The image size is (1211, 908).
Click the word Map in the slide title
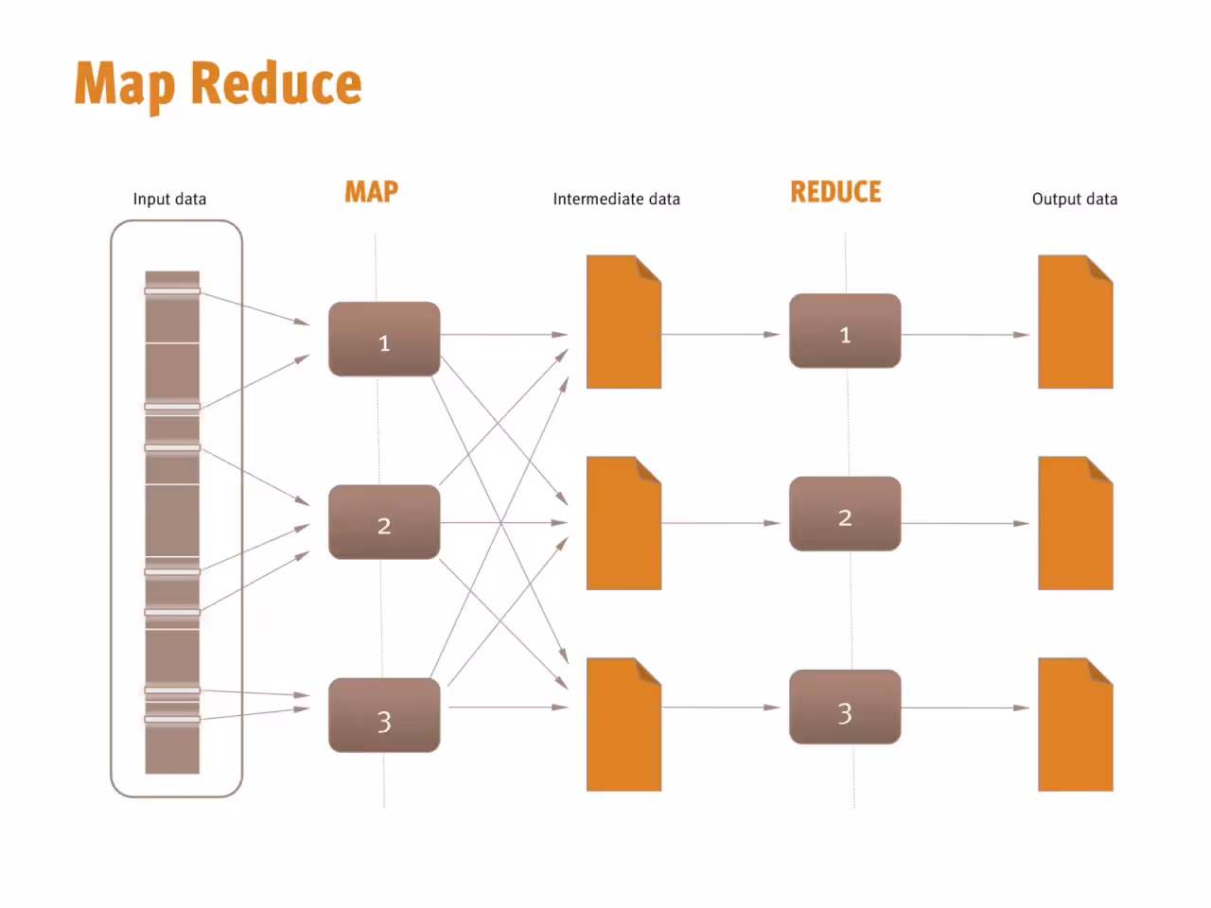(x=125, y=85)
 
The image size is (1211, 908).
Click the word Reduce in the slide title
(x=276, y=83)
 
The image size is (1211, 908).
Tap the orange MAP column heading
(x=371, y=192)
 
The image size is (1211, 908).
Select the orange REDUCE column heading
(x=835, y=192)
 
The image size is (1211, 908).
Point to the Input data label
(x=169, y=199)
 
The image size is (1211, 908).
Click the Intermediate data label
(x=616, y=199)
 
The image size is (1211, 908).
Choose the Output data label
(x=1075, y=199)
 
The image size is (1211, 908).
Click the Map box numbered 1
(x=384, y=339)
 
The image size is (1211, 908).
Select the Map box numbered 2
(x=384, y=522)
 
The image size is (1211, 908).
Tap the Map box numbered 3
(x=384, y=715)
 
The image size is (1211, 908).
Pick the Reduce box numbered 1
(x=845, y=331)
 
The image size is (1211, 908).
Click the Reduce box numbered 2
(x=845, y=514)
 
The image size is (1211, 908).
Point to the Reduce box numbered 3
(x=845, y=707)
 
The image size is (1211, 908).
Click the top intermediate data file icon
(x=624, y=322)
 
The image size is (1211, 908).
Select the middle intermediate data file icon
(x=624, y=523)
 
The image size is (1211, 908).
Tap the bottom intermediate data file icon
(x=624, y=725)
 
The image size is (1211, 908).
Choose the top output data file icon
(x=1076, y=322)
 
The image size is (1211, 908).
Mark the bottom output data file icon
(x=1076, y=725)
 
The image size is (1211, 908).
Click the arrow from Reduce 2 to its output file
(x=966, y=523)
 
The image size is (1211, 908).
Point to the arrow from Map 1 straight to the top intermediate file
(x=504, y=334)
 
